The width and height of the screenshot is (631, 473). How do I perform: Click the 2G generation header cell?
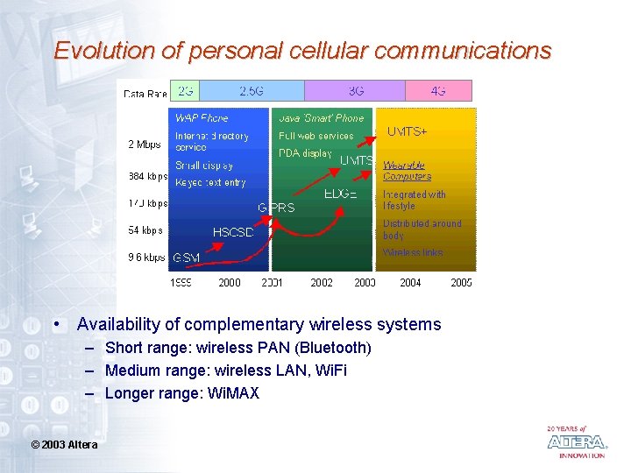click(x=186, y=90)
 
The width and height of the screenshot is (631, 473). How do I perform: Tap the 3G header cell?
click(x=355, y=90)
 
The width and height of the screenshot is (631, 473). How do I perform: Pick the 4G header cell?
click(x=438, y=90)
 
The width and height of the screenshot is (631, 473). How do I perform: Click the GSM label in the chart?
click(x=186, y=258)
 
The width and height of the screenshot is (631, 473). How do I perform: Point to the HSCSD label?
click(x=234, y=232)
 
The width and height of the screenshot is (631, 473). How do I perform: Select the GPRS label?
click(x=276, y=208)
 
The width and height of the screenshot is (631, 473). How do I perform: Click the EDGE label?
click(x=341, y=194)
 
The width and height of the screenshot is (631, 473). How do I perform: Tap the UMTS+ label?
click(x=408, y=131)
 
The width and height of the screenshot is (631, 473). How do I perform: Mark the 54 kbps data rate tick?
click(x=145, y=230)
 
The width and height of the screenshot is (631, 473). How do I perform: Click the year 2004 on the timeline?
click(x=410, y=283)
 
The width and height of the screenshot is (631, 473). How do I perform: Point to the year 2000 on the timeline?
click(x=230, y=283)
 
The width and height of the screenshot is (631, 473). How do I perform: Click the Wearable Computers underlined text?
click(x=407, y=170)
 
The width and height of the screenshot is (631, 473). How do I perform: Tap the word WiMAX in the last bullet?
click(x=234, y=393)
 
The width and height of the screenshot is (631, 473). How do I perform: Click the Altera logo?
click(x=576, y=442)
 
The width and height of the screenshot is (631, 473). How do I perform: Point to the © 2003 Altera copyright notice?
click(x=64, y=445)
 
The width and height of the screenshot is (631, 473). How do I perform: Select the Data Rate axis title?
click(x=145, y=94)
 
